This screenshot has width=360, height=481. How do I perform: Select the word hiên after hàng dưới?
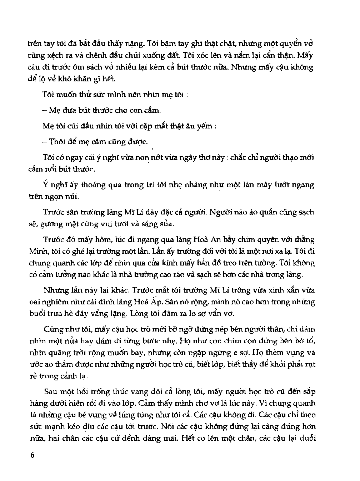pos(87,404)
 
